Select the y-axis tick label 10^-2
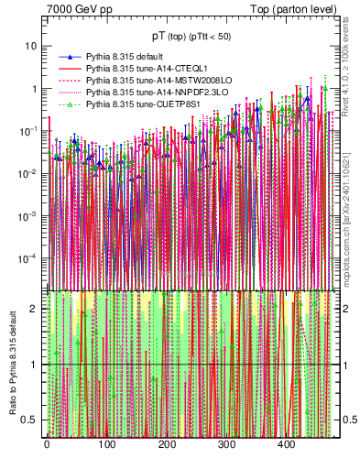pos(29,173)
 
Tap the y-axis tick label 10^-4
pos(29,258)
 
